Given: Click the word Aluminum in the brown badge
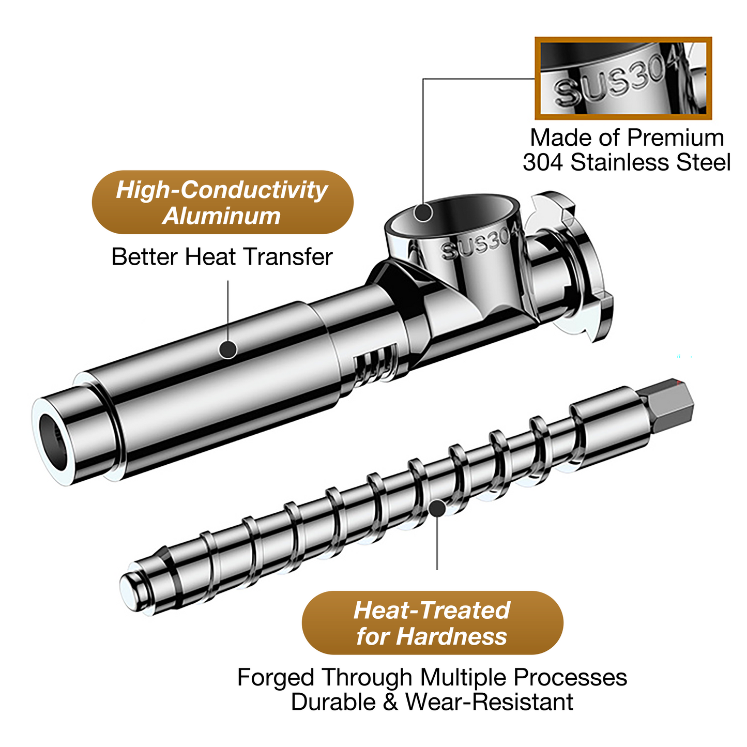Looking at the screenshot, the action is [221, 216].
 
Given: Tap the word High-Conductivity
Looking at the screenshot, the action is [222, 190].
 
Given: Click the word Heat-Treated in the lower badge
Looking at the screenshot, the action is [432, 611].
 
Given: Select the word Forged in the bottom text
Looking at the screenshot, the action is [275, 678].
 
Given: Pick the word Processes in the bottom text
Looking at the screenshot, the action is [570, 678].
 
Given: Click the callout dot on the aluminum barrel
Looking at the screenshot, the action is [228, 349].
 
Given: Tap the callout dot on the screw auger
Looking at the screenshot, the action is [437, 508].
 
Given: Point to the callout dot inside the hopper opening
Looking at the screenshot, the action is [423, 212].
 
